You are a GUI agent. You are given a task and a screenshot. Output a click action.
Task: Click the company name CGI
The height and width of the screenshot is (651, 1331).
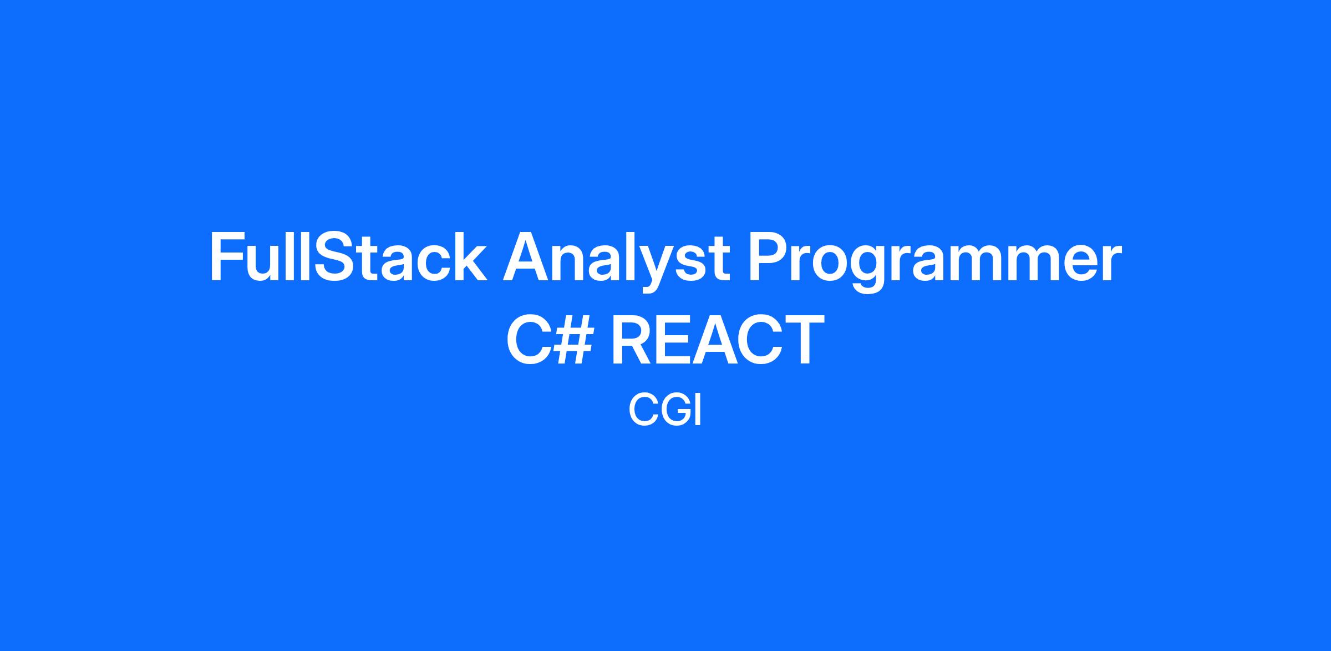click(x=665, y=410)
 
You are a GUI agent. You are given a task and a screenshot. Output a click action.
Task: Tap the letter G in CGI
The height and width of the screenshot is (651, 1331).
click(x=673, y=410)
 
